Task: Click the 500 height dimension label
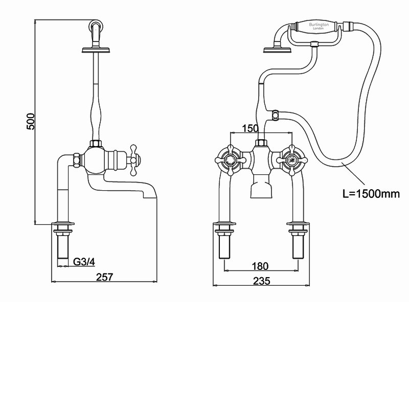31,121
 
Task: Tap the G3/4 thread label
84,262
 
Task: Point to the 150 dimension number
251,128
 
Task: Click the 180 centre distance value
261,266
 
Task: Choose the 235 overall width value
261,280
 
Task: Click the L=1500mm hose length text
371,194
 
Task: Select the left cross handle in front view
228,160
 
